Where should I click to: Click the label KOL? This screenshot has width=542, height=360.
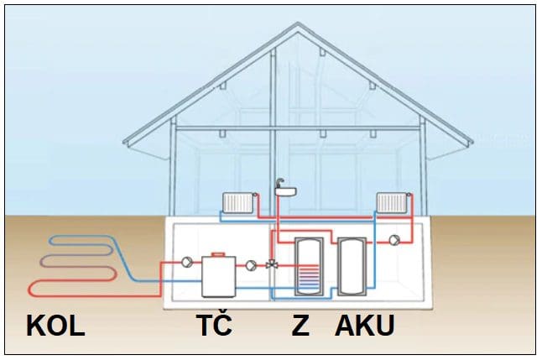click(56, 326)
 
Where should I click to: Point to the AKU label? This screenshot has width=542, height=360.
click(365, 326)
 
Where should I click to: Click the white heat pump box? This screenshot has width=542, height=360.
click(219, 274)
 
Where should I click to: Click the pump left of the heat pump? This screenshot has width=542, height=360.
click(185, 263)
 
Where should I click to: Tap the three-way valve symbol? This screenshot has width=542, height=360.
click(272, 264)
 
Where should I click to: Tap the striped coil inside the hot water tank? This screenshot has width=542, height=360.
click(309, 277)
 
